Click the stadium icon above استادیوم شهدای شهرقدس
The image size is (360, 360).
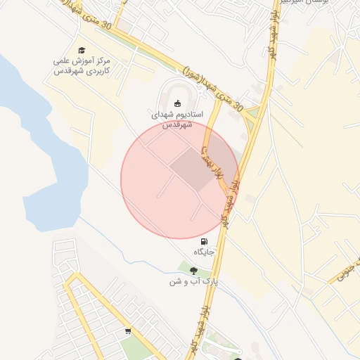click(x=176, y=102)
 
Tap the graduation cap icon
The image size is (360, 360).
click(x=82, y=50)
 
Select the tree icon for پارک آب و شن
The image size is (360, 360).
click(x=193, y=271)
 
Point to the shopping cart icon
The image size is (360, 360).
click(x=128, y=330)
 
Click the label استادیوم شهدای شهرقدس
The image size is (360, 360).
click(x=177, y=119)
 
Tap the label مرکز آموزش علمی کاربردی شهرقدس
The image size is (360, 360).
click(x=82, y=67)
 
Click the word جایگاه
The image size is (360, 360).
click(x=203, y=250)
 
